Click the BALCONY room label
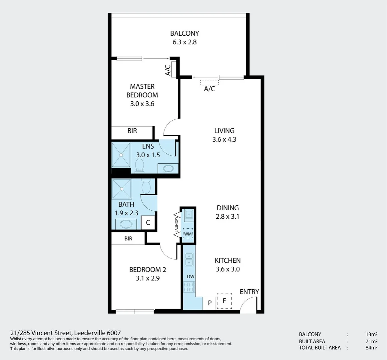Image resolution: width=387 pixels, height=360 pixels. click(x=185, y=33)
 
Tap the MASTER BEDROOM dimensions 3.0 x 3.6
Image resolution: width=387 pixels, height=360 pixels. click(x=142, y=104)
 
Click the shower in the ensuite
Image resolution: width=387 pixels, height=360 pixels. click(x=121, y=155)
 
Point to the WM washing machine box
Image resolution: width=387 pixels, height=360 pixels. click(x=188, y=234)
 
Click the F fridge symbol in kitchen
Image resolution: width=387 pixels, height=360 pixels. click(x=224, y=301)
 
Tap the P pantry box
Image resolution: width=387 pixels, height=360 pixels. click(x=209, y=303)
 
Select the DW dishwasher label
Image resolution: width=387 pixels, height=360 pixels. click(x=191, y=276)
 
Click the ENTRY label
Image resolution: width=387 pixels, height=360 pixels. click(x=249, y=292)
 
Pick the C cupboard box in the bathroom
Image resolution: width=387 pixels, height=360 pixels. click(x=148, y=223)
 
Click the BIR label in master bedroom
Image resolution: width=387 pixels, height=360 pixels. click(x=132, y=131)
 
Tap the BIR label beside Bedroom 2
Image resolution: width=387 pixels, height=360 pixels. click(x=128, y=238)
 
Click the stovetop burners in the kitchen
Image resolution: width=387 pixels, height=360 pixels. click(x=189, y=287)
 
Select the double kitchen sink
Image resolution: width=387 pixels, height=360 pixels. click(x=189, y=259)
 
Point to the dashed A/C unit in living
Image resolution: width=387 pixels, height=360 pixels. click(x=209, y=82)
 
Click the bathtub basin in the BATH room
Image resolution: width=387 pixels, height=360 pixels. click(x=126, y=224)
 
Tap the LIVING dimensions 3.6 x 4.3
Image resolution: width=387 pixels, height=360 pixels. click(x=224, y=139)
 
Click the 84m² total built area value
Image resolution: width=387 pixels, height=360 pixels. click(x=371, y=348)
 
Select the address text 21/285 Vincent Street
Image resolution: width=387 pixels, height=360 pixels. click(x=41, y=333)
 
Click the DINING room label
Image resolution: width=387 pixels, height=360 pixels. click(x=227, y=208)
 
